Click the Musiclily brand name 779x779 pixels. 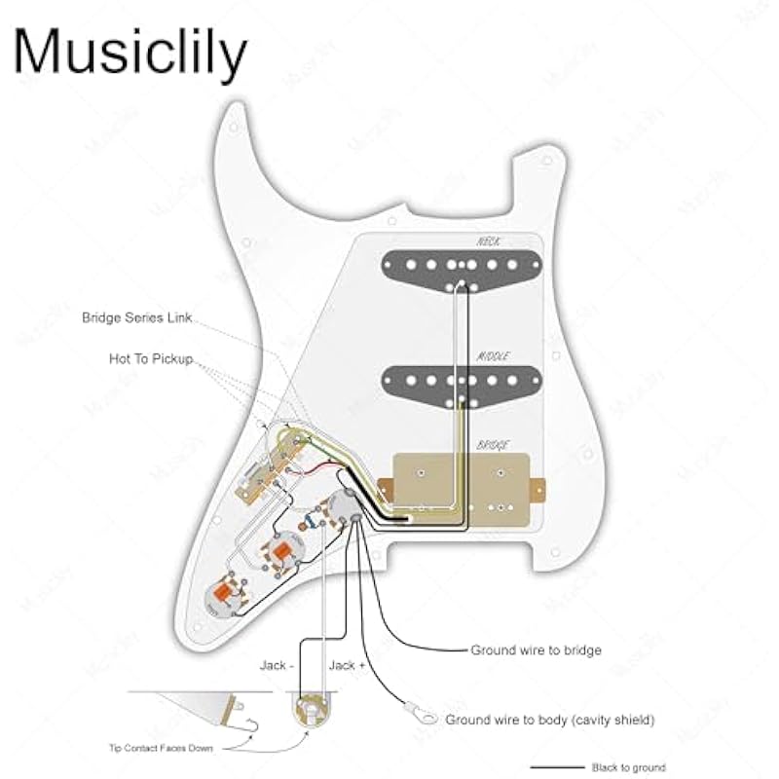(x=130, y=53)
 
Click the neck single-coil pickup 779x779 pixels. (x=462, y=263)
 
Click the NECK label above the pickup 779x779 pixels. (x=488, y=240)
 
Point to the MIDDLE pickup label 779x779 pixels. (x=493, y=356)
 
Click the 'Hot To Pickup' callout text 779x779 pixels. (x=151, y=359)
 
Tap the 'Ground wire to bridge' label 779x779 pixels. (x=536, y=649)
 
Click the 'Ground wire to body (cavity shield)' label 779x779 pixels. (x=549, y=721)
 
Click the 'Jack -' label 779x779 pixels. (x=274, y=665)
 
